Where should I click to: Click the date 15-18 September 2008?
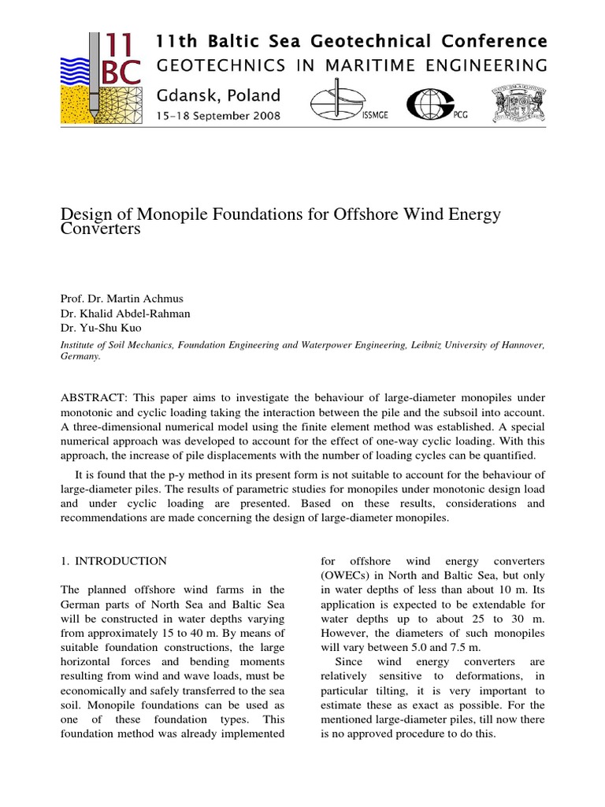(217, 116)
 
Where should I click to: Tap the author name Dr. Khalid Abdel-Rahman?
(125, 314)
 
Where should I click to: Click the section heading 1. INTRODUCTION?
(113, 561)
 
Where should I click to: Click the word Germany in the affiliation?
(80, 356)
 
